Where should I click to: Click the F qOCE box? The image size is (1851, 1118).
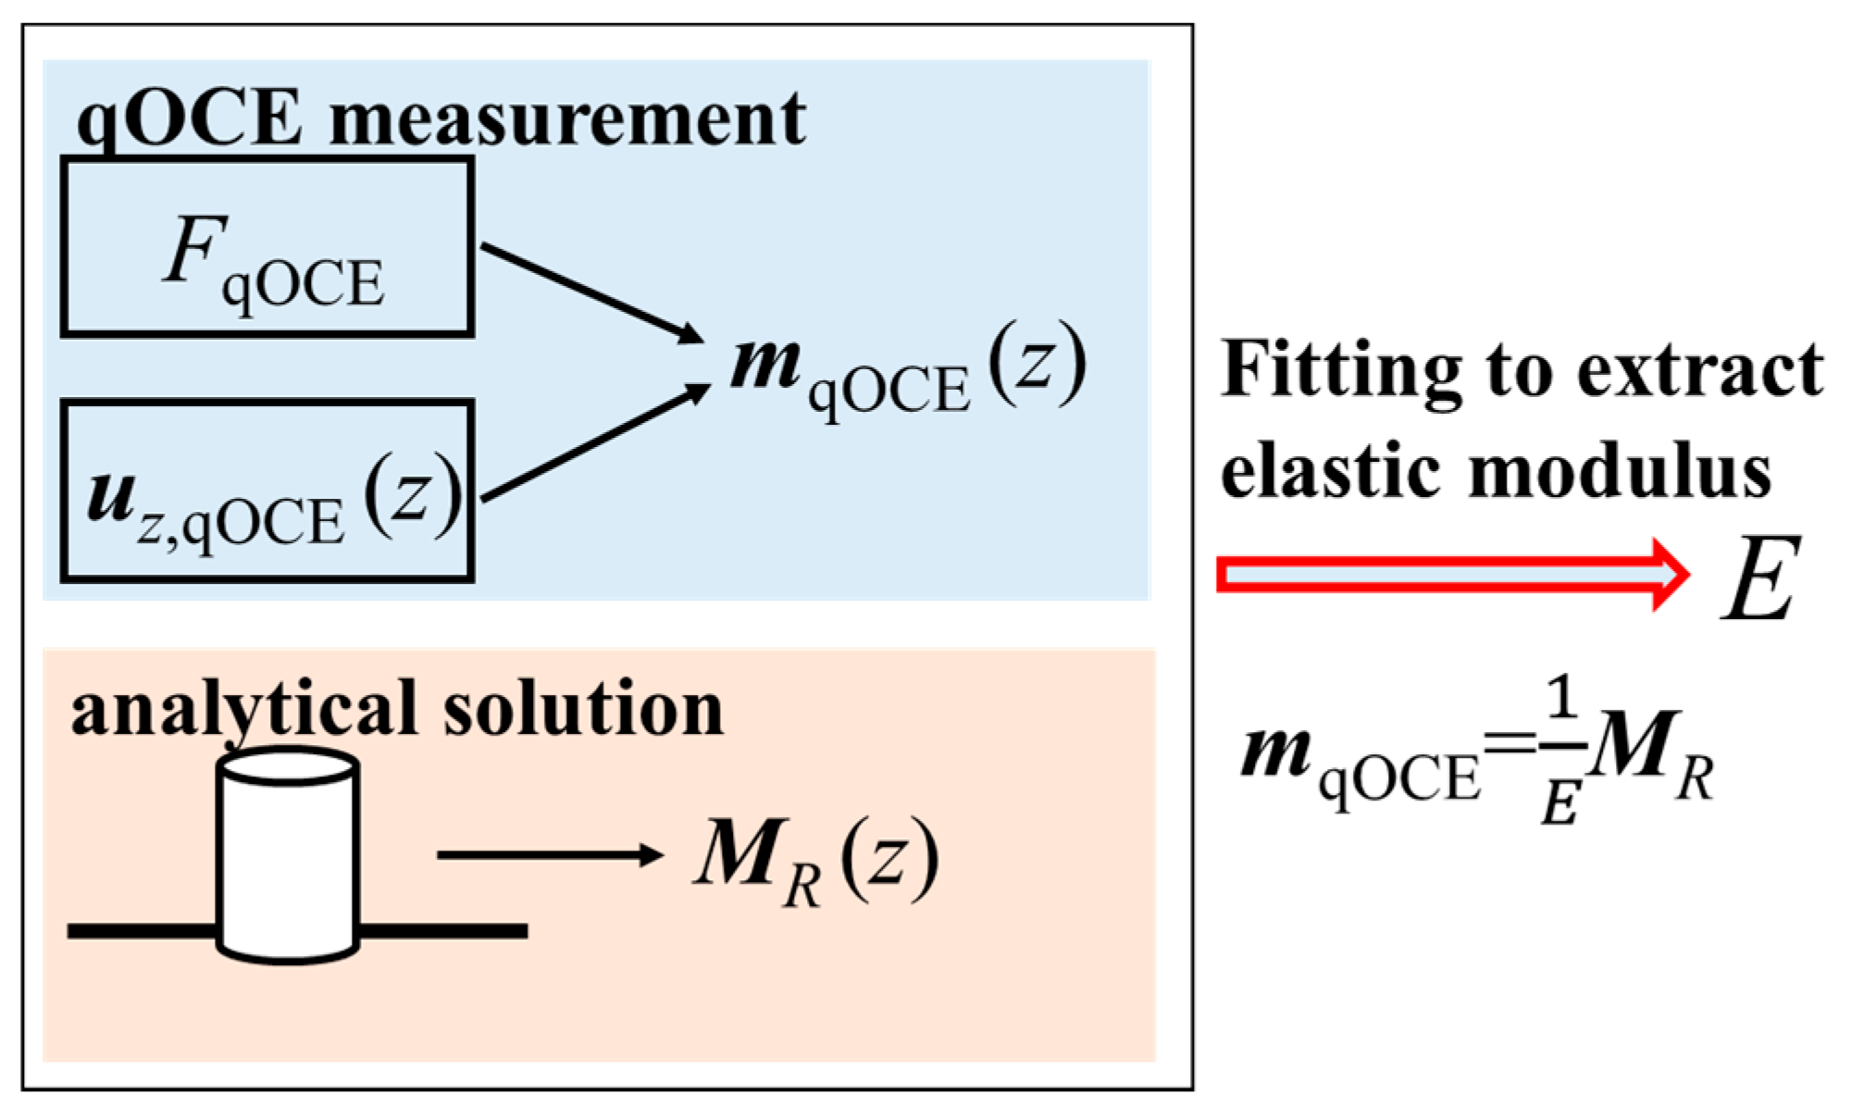[267, 247]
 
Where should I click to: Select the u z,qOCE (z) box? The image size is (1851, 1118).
[267, 491]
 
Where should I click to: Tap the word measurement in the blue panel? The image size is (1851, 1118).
[567, 119]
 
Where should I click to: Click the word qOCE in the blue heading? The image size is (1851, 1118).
[190, 119]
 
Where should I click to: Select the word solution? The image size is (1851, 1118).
[583, 709]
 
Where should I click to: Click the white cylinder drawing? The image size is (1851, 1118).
[288, 856]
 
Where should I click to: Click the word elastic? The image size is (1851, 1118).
[1333, 472]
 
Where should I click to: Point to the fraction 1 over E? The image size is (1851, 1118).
[1562, 752]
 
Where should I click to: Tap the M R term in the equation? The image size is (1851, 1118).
[1652, 754]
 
